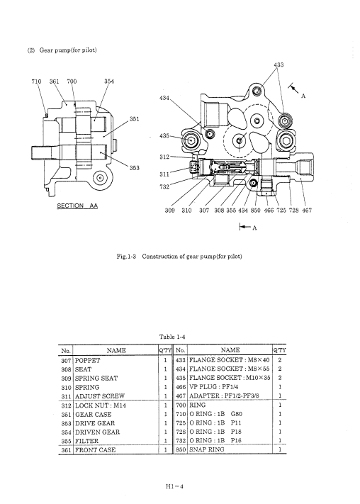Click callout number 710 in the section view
(x=36, y=82)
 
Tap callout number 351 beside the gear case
(x=135, y=119)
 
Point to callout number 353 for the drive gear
(x=135, y=167)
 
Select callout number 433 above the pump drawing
(x=279, y=65)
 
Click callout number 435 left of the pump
(x=164, y=136)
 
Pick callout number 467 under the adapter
(x=307, y=211)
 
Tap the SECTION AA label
(x=77, y=206)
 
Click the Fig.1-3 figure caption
(x=179, y=257)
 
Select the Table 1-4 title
(x=172, y=337)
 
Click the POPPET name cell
(x=87, y=361)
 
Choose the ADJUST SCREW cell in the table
(x=100, y=396)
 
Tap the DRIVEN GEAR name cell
(x=97, y=432)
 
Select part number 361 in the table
(x=66, y=450)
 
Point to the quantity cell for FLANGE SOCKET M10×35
(x=280, y=378)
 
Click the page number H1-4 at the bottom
(x=174, y=486)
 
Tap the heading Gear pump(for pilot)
(x=62, y=50)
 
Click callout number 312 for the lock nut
(x=164, y=157)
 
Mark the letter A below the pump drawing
(x=254, y=228)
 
